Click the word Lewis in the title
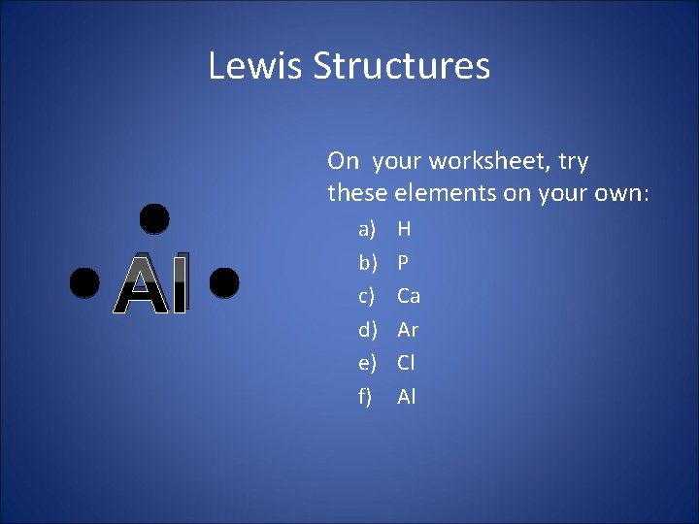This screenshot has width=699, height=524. (255, 66)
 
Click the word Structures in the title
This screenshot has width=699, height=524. (402, 66)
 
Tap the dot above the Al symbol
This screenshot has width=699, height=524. (153, 218)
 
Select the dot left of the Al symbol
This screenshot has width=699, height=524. (84, 281)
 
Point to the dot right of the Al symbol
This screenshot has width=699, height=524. (223, 281)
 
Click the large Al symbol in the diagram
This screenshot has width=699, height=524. (151, 284)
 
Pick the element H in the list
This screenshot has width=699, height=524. (404, 230)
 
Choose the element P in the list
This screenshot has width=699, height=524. (403, 263)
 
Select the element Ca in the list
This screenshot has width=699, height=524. (409, 296)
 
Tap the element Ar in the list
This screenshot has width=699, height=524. (408, 330)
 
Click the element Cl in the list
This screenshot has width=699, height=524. (406, 363)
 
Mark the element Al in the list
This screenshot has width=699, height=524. (406, 396)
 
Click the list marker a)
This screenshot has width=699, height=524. (367, 230)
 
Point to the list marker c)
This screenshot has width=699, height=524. (367, 296)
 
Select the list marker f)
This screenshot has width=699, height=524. (366, 396)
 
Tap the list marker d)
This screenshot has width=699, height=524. (367, 330)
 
